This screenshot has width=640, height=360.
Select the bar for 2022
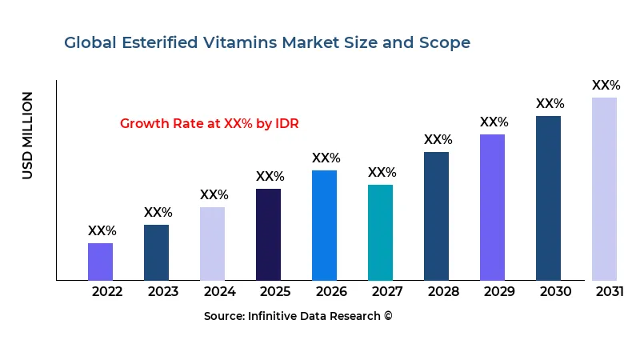pos(100,262)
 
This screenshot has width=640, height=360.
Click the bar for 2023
pos(156,252)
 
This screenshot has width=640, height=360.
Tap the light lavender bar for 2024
pos(212,243)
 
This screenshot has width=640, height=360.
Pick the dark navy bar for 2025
pos(268,234)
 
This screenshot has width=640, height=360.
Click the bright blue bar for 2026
pos(324,225)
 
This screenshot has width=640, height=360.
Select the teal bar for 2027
pos(380,232)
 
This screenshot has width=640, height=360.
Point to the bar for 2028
pos(436,216)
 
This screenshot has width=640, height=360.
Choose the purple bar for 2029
pos(492,207)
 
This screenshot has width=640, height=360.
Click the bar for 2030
pos(548,198)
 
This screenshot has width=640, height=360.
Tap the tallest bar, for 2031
pos(604,189)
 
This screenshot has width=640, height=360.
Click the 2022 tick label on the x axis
pos(107,291)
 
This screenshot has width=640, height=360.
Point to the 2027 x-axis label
pos(387,291)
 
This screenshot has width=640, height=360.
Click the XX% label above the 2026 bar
pos(326,158)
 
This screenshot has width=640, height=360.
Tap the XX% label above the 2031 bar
pos(606,86)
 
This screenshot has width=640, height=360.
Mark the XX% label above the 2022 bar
pos(102,231)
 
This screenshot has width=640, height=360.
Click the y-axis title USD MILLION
pos(28,135)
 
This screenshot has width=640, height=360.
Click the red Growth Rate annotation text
pos(209,123)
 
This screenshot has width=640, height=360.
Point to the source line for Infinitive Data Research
pos(298,316)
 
